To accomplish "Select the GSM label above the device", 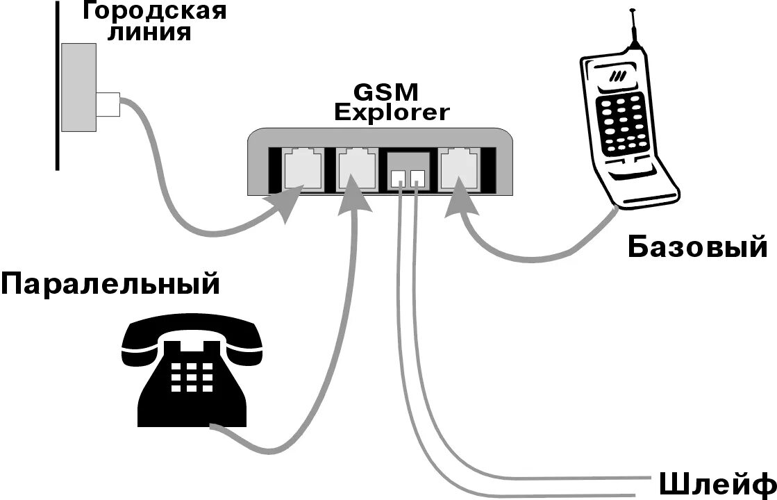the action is click(391, 92).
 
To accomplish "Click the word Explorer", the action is click(392, 112).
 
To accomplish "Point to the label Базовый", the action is click(697, 247).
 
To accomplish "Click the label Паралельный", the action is click(110, 284).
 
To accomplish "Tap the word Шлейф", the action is click(715, 483).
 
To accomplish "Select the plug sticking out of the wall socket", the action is click(108, 105).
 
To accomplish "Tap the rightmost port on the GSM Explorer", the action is click(461, 168).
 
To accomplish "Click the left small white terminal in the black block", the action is click(398, 178).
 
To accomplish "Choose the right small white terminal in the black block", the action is click(417, 178).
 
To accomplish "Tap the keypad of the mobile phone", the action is click(619, 122).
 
